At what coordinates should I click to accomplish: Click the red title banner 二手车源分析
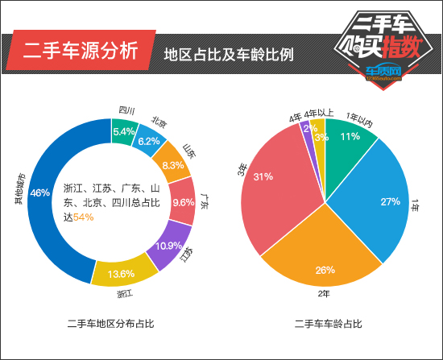coord(79,54)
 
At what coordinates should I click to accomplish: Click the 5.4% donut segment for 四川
coord(124,131)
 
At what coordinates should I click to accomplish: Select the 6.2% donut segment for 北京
coord(149,140)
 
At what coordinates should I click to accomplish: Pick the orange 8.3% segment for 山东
coord(170,164)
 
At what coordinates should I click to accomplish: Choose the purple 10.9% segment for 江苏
coord(169,245)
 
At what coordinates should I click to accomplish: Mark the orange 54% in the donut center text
coord(84,217)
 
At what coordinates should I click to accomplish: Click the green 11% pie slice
coord(348,138)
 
